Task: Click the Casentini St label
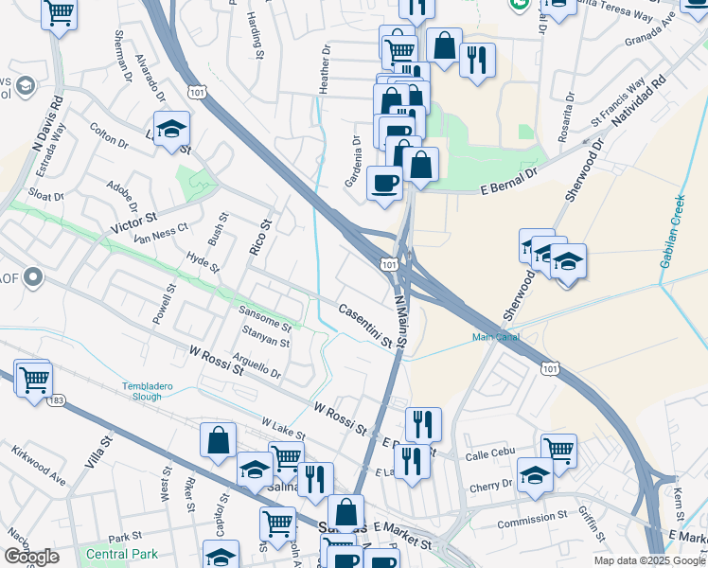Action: [365, 325]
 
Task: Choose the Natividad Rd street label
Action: [640, 105]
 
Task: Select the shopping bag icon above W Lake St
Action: [218, 440]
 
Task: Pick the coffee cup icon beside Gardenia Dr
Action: [383, 182]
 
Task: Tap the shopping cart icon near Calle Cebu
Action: [558, 449]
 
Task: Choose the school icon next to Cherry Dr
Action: [535, 475]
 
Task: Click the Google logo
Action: [31, 557]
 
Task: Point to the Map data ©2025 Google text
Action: [648, 560]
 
